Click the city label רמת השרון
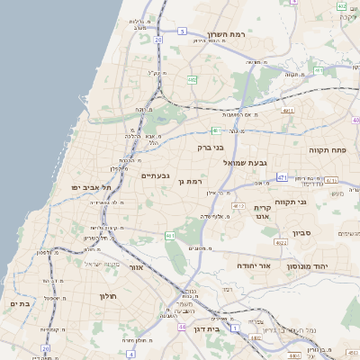coord(227,35)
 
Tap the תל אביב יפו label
coord(94,187)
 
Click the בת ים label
coord(20,304)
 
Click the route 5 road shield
coord(181,31)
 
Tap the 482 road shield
coord(192,79)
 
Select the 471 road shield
coord(282,177)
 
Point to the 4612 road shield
coord(238,206)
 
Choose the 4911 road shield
coord(288,111)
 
